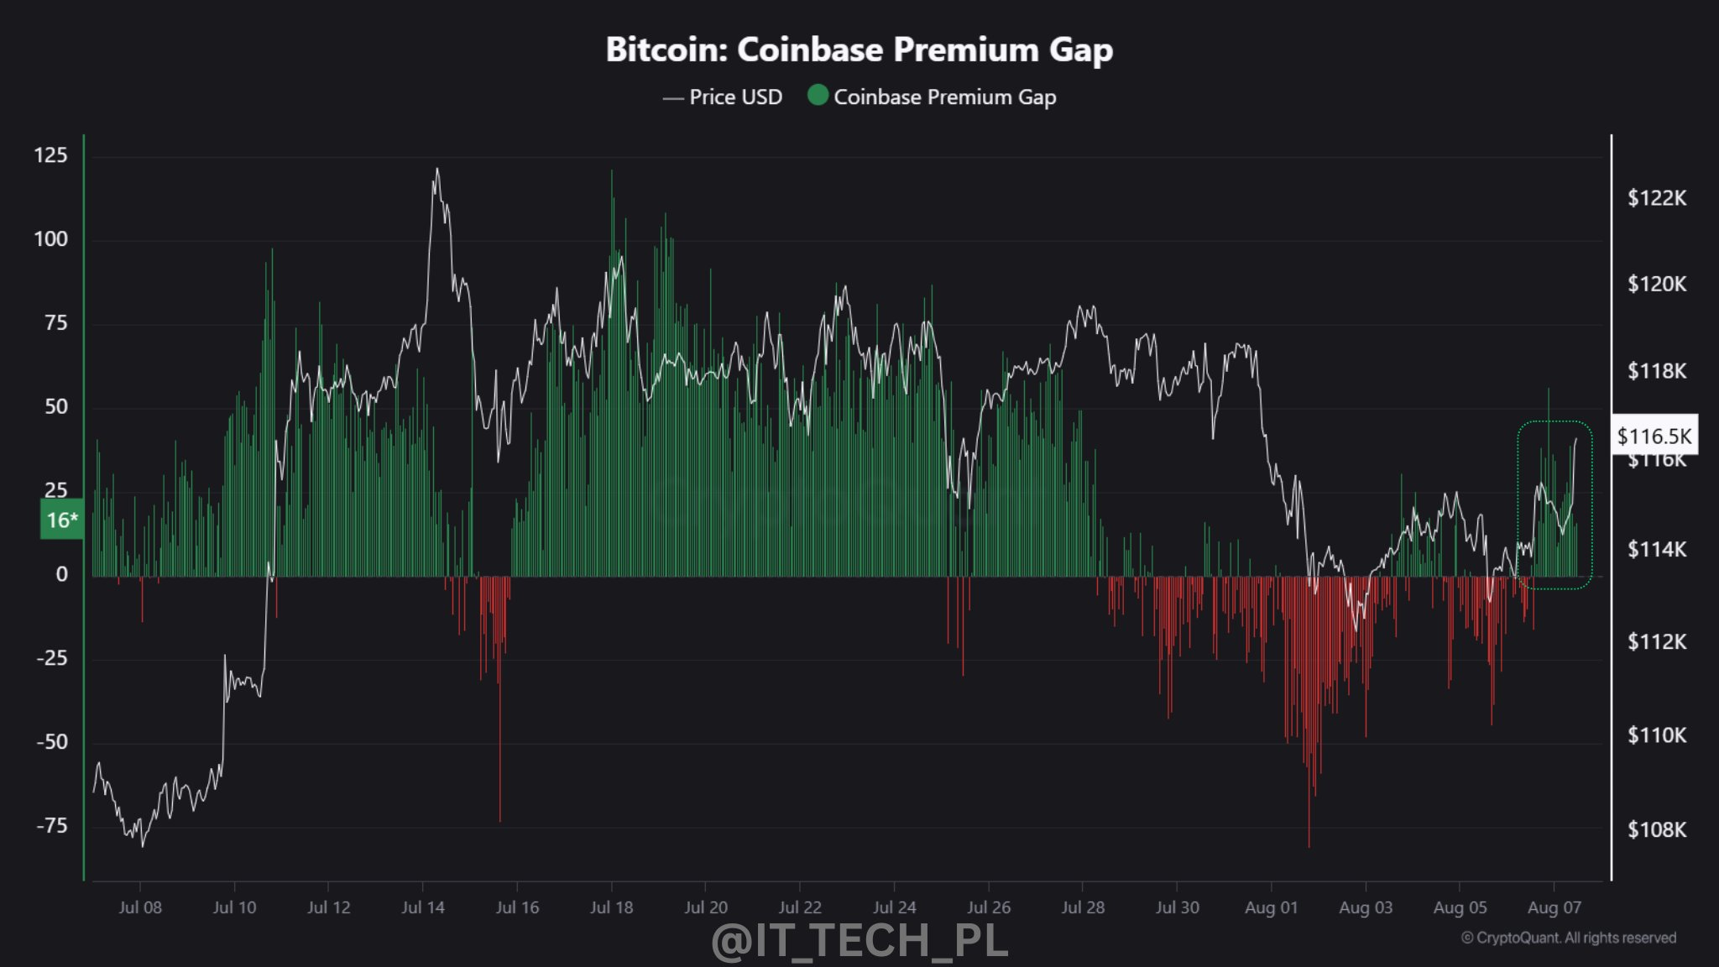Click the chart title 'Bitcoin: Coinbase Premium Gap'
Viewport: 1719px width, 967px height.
point(859,50)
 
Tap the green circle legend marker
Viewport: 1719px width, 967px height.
point(818,96)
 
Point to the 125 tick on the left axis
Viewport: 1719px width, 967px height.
point(50,155)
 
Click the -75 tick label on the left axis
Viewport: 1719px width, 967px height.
point(52,825)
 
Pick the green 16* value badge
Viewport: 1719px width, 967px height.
point(62,520)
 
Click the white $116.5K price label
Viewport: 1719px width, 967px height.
point(1654,436)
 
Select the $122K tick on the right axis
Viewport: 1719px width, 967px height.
point(1656,198)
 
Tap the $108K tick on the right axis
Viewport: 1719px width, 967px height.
point(1656,829)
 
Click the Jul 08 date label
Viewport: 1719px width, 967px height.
point(140,907)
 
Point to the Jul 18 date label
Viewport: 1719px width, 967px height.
point(611,907)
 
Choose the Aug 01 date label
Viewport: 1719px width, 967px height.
point(1271,907)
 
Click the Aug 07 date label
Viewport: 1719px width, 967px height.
point(1554,907)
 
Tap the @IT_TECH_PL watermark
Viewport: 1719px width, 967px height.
point(859,940)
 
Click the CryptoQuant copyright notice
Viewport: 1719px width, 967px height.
point(1568,938)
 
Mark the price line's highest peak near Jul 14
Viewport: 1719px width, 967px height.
point(436,170)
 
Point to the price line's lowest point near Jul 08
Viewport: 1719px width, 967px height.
point(142,845)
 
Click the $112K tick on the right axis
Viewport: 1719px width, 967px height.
point(1656,641)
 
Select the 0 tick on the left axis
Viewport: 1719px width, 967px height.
point(61,574)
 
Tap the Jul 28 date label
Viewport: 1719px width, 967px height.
point(1083,907)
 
